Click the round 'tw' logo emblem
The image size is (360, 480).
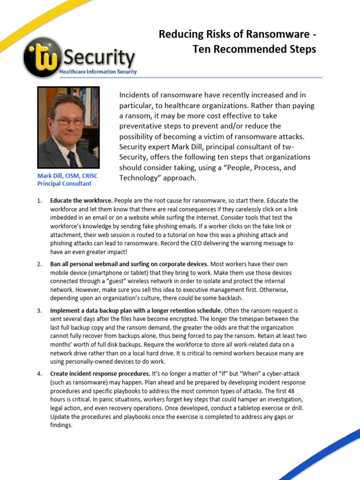click(x=41, y=57)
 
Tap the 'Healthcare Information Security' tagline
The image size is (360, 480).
click(x=98, y=72)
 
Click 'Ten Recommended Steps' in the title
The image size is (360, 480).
click(x=255, y=49)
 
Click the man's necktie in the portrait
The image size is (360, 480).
click(x=72, y=159)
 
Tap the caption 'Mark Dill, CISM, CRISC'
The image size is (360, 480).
click(x=67, y=176)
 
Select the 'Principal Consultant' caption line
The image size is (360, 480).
click(x=64, y=184)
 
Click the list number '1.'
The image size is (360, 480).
click(x=39, y=201)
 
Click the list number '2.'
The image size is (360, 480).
click(x=39, y=264)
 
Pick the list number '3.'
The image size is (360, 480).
click(x=39, y=311)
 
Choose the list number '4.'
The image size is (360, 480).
click(x=39, y=374)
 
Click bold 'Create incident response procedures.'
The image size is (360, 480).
click(x=100, y=374)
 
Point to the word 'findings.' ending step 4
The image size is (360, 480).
click(x=61, y=425)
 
